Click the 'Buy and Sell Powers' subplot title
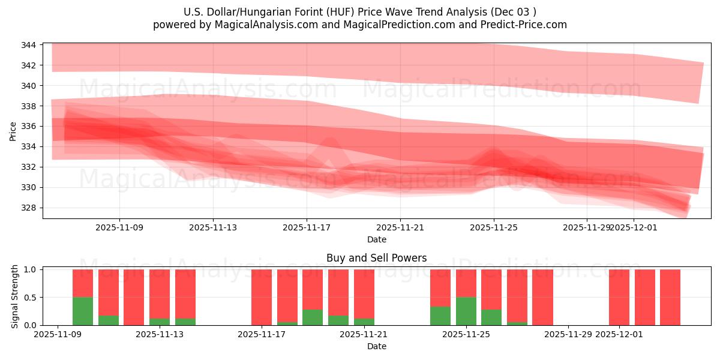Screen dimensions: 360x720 (376, 258)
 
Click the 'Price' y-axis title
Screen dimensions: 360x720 (13, 130)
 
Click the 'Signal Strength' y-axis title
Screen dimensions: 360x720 (15, 296)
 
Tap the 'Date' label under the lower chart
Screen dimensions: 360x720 (376, 346)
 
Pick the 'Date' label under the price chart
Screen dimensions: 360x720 (376, 239)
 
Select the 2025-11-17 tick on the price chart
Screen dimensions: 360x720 (307, 228)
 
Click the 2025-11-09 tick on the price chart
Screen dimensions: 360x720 (119, 228)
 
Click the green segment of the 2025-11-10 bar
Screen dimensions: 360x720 (83, 311)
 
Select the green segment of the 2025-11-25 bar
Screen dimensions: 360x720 (466, 311)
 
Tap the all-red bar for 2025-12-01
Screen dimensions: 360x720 (619, 297)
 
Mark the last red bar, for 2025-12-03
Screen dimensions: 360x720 (670, 297)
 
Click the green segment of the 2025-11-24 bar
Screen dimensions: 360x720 (440, 316)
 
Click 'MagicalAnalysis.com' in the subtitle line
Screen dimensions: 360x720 (266, 25)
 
